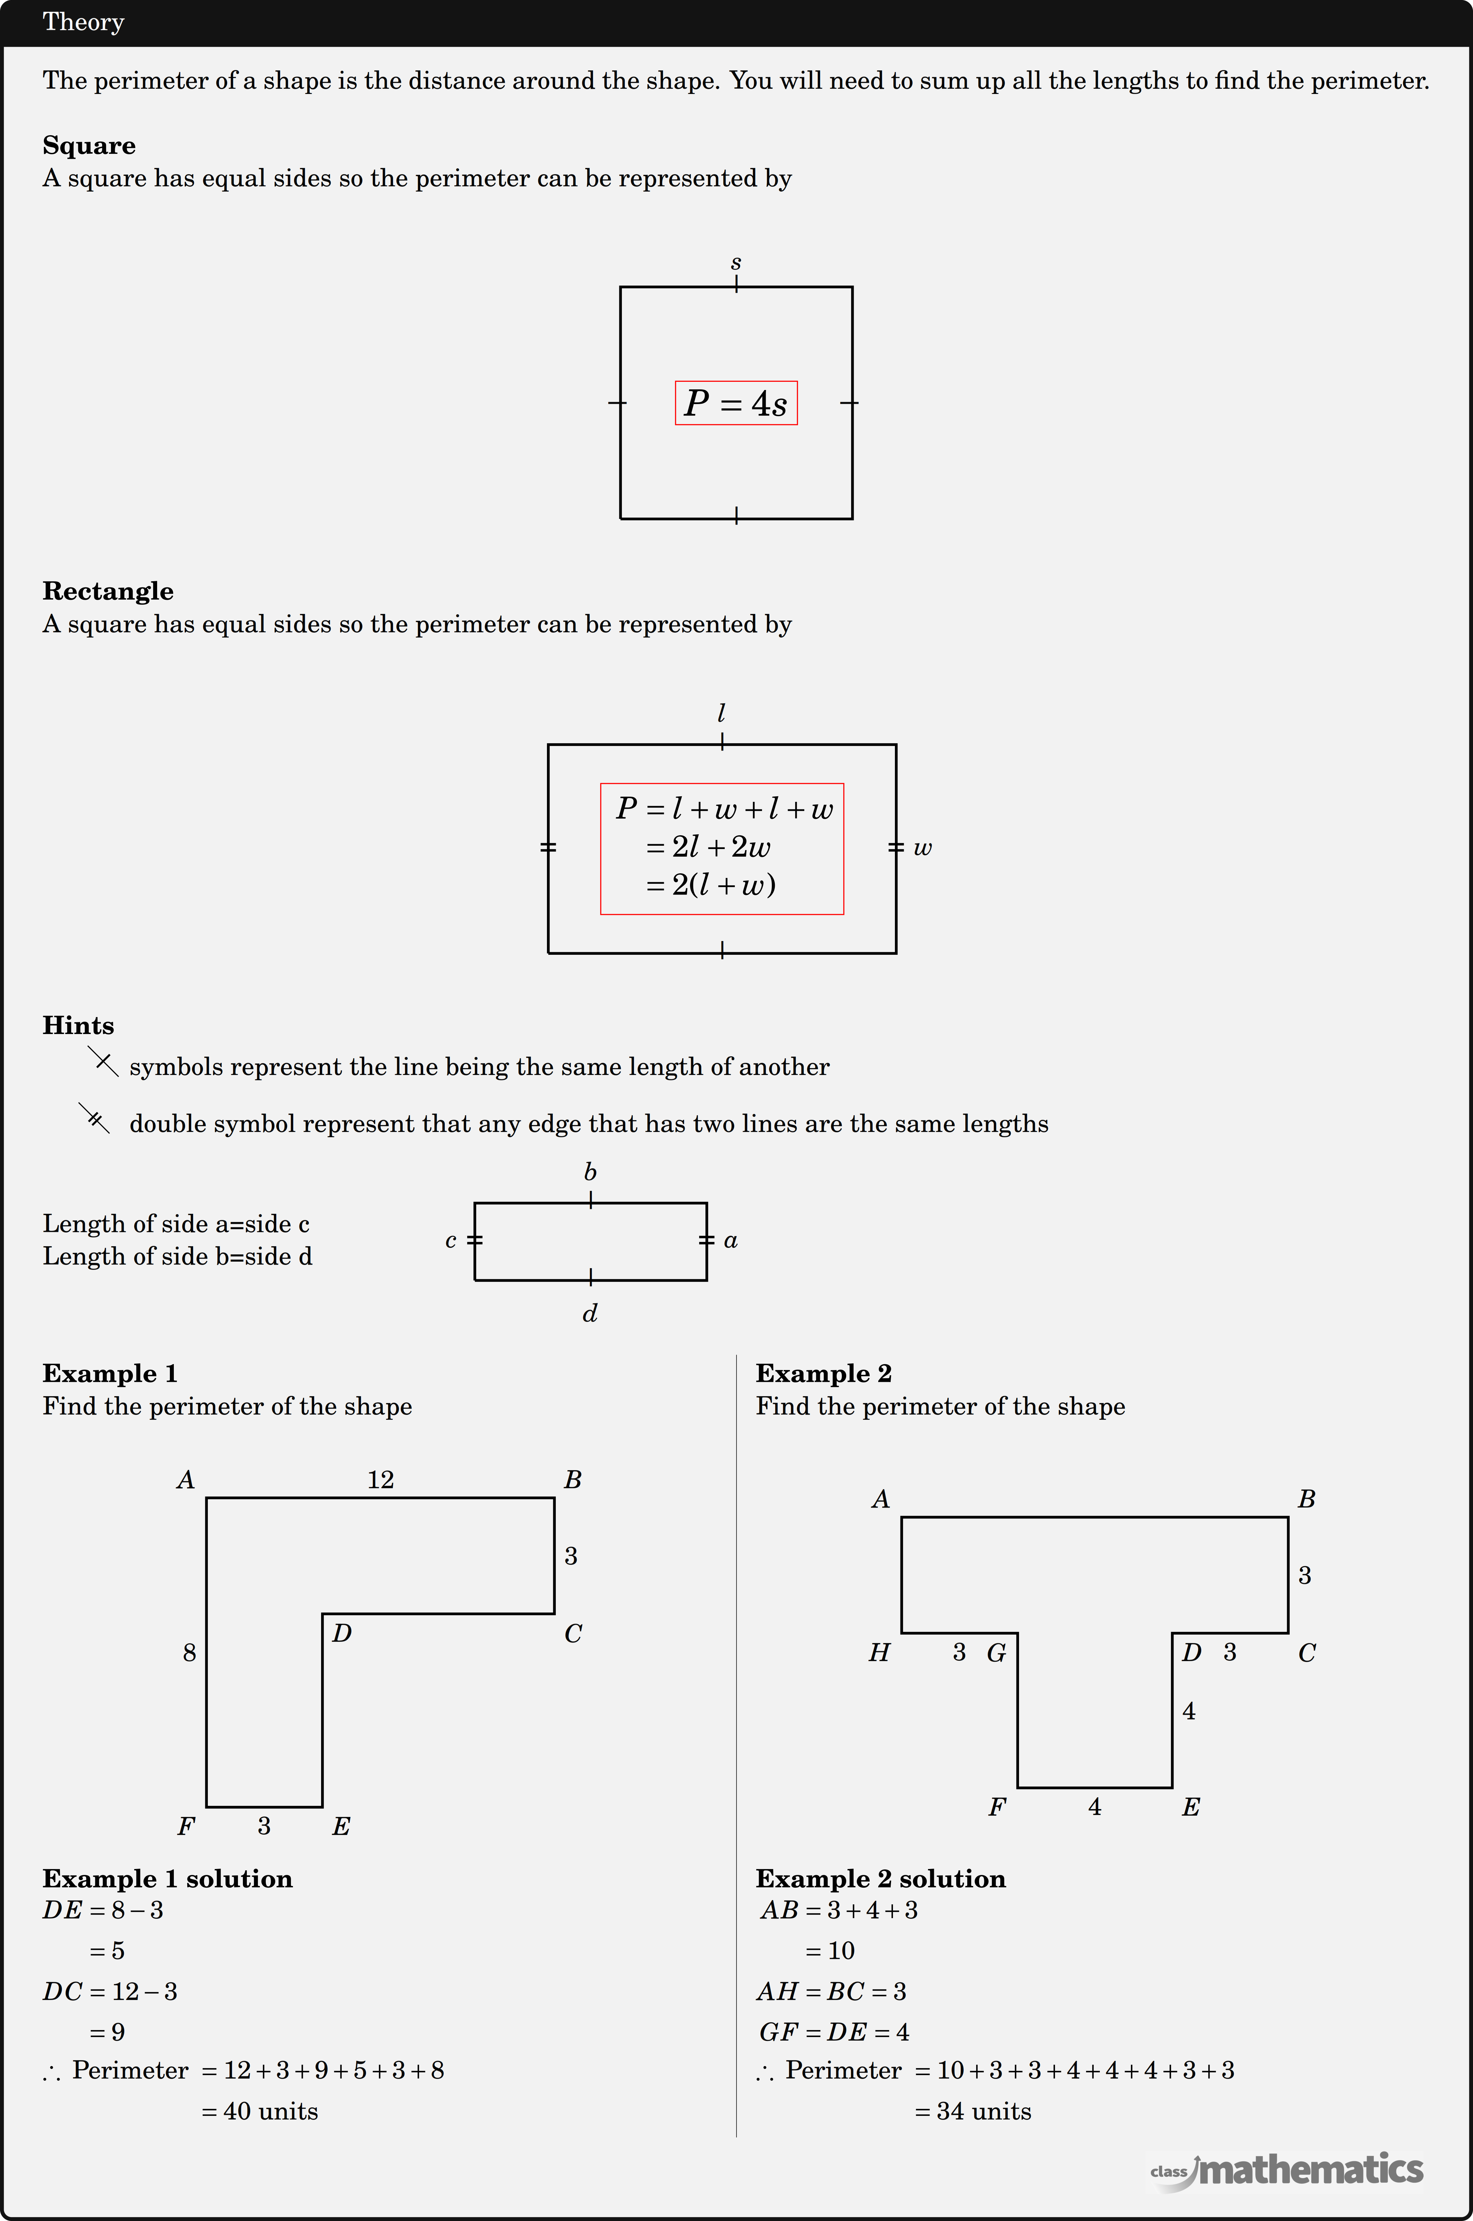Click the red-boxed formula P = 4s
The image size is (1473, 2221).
tap(736, 403)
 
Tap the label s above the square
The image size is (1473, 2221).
tap(736, 263)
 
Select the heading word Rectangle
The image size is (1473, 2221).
tap(108, 591)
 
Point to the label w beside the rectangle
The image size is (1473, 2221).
tap(922, 848)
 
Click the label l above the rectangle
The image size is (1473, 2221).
tap(721, 713)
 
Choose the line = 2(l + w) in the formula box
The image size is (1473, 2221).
tap(710, 885)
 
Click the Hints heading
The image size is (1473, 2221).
tap(78, 1025)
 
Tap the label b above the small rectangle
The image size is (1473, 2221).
tap(590, 1172)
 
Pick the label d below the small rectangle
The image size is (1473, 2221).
tap(590, 1312)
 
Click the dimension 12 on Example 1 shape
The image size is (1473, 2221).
tap(380, 1480)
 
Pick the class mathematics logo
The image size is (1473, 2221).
tap(1287, 2170)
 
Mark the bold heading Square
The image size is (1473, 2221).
tap(89, 146)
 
